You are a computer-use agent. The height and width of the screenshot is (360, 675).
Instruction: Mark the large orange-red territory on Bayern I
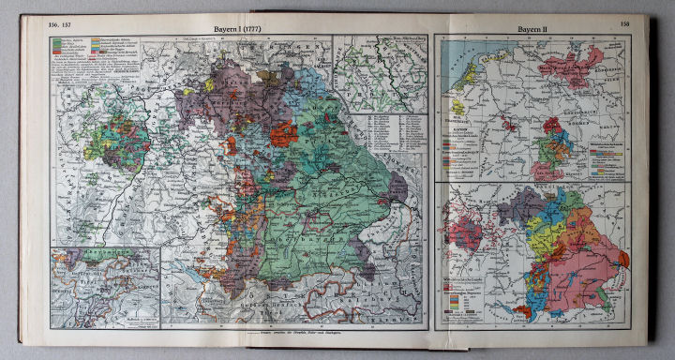[x=284, y=133]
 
